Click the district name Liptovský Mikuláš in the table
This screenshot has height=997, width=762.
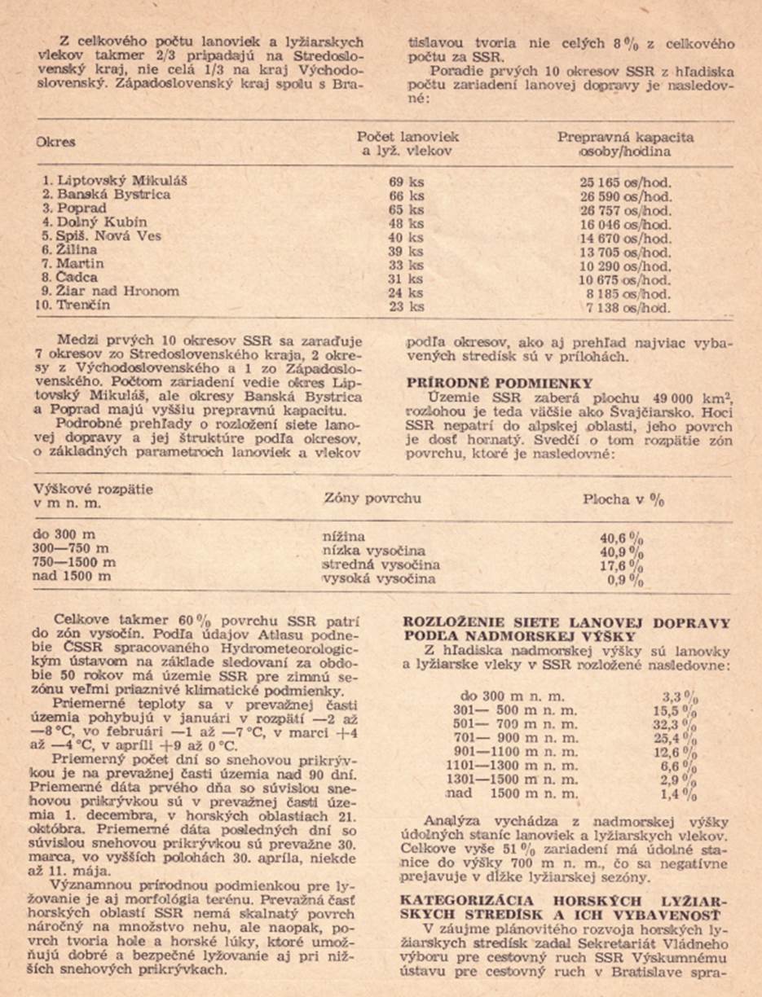[121, 180]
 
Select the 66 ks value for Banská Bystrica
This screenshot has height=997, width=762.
[407, 195]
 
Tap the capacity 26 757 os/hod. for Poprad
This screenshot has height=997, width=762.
[625, 210]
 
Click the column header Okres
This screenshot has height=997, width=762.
[55, 142]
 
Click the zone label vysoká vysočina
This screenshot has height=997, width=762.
[379, 578]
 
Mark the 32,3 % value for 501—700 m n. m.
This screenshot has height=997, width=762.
[679, 724]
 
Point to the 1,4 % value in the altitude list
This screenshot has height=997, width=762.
[679, 793]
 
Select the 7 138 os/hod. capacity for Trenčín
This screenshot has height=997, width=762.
[631, 307]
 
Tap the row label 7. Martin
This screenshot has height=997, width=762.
[74, 264]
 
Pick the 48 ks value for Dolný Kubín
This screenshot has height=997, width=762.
[407, 222]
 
